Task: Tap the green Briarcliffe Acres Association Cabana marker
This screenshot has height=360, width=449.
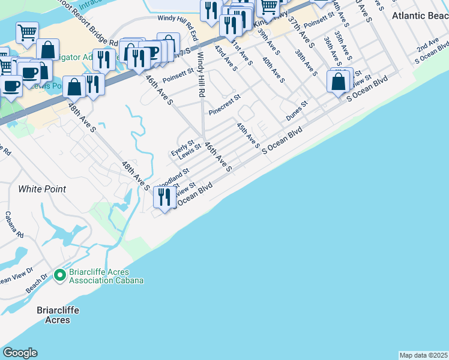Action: pos(59,276)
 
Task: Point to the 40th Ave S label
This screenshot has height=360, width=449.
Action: pos(273,70)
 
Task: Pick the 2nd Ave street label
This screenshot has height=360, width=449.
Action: pos(427,47)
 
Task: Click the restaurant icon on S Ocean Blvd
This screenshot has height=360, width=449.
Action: pos(163,196)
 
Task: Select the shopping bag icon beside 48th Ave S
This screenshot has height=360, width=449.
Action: pos(74,87)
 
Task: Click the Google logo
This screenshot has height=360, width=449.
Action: pos(20,353)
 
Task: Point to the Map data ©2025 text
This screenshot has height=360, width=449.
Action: pos(423,355)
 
